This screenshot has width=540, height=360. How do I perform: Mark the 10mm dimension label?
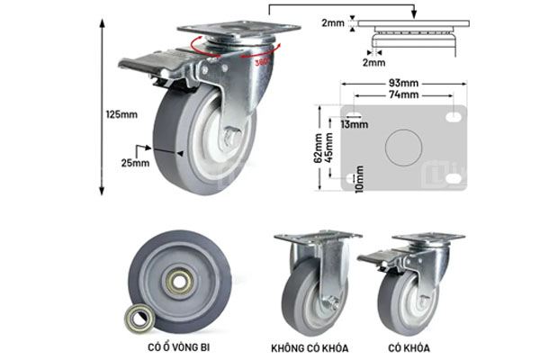point(357,177)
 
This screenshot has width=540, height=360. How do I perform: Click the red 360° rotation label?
point(262,62)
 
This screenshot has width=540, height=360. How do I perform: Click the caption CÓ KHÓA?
point(410,346)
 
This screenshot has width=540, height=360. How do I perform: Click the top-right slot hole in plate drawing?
point(454,116)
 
